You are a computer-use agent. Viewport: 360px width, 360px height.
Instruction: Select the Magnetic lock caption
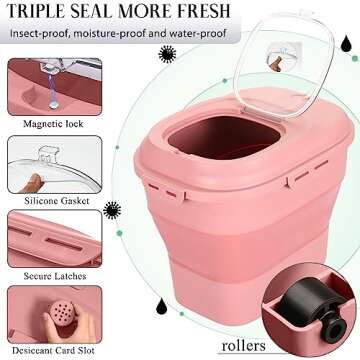point(53,124)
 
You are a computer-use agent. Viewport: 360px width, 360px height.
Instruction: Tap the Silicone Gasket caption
point(57,201)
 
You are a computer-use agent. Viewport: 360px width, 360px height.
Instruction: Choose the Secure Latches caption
point(55,276)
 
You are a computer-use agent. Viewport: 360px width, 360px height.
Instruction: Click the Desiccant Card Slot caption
point(53,351)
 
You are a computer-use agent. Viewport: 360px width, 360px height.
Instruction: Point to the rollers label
point(244,346)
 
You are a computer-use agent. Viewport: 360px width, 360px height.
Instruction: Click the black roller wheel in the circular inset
point(310,308)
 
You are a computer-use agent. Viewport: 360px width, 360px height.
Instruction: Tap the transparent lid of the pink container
point(283,62)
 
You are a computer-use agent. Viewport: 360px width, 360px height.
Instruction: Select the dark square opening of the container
point(224,137)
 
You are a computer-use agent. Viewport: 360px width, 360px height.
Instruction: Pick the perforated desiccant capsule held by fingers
point(61,314)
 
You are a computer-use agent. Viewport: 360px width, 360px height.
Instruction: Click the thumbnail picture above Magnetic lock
point(55,87)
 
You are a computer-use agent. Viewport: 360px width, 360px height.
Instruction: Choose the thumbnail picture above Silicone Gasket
point(55,164)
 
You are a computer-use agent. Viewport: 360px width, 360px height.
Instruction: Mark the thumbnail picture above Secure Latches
point(55,238)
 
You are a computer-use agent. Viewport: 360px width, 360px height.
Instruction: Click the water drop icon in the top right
point(346,44)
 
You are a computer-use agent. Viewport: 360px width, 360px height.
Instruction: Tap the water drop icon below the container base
point(161,306)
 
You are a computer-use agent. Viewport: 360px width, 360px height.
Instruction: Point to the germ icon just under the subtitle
point(167,54)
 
